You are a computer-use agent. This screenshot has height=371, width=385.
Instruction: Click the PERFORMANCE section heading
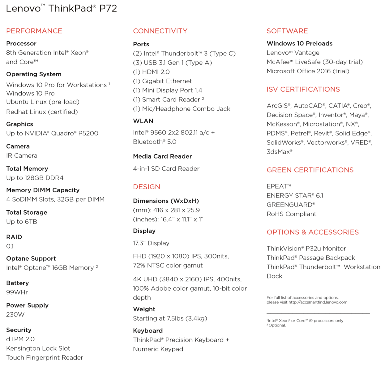34,31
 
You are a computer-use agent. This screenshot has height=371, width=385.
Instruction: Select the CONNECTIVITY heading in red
160,31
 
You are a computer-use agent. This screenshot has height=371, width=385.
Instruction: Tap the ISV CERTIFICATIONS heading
303,89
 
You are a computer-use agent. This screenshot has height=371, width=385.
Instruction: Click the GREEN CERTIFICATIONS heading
310,170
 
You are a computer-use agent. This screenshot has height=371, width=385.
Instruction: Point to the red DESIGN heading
147,187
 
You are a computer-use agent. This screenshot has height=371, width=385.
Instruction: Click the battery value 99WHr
17,292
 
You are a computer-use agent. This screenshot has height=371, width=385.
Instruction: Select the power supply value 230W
15,314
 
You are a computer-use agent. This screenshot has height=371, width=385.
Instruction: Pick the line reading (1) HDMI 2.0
151,72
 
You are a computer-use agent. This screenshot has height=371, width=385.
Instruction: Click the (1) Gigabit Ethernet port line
162,81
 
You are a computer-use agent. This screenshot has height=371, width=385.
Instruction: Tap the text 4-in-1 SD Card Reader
166,168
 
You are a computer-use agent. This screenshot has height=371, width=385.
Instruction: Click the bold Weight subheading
144,309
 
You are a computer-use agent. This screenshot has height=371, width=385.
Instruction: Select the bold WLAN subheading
143,121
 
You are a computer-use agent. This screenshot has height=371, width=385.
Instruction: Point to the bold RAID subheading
14,237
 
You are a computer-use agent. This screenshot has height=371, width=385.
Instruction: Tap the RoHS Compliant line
291,214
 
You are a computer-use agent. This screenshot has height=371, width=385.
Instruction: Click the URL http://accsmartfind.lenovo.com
318,302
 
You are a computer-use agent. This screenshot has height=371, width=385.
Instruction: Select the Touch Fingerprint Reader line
45,358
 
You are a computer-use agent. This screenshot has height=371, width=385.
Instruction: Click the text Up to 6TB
22,222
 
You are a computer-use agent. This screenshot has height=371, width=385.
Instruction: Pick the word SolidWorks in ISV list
284,143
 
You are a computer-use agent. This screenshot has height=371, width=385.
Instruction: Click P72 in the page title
108,9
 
